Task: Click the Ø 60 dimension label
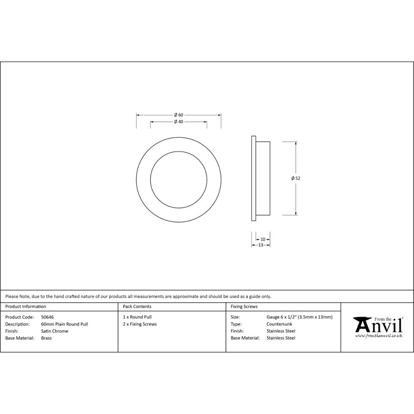(179, 115)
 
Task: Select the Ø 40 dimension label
(179, 122)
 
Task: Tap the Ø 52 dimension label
(295, 178)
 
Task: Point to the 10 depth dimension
(263, 240)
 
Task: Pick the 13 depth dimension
(261, 245)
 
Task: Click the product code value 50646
(47, 317)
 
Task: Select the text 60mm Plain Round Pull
(64, 324)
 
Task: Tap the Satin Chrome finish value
(55, 331)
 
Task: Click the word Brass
(47, 338)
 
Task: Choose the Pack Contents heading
(137, 306)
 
